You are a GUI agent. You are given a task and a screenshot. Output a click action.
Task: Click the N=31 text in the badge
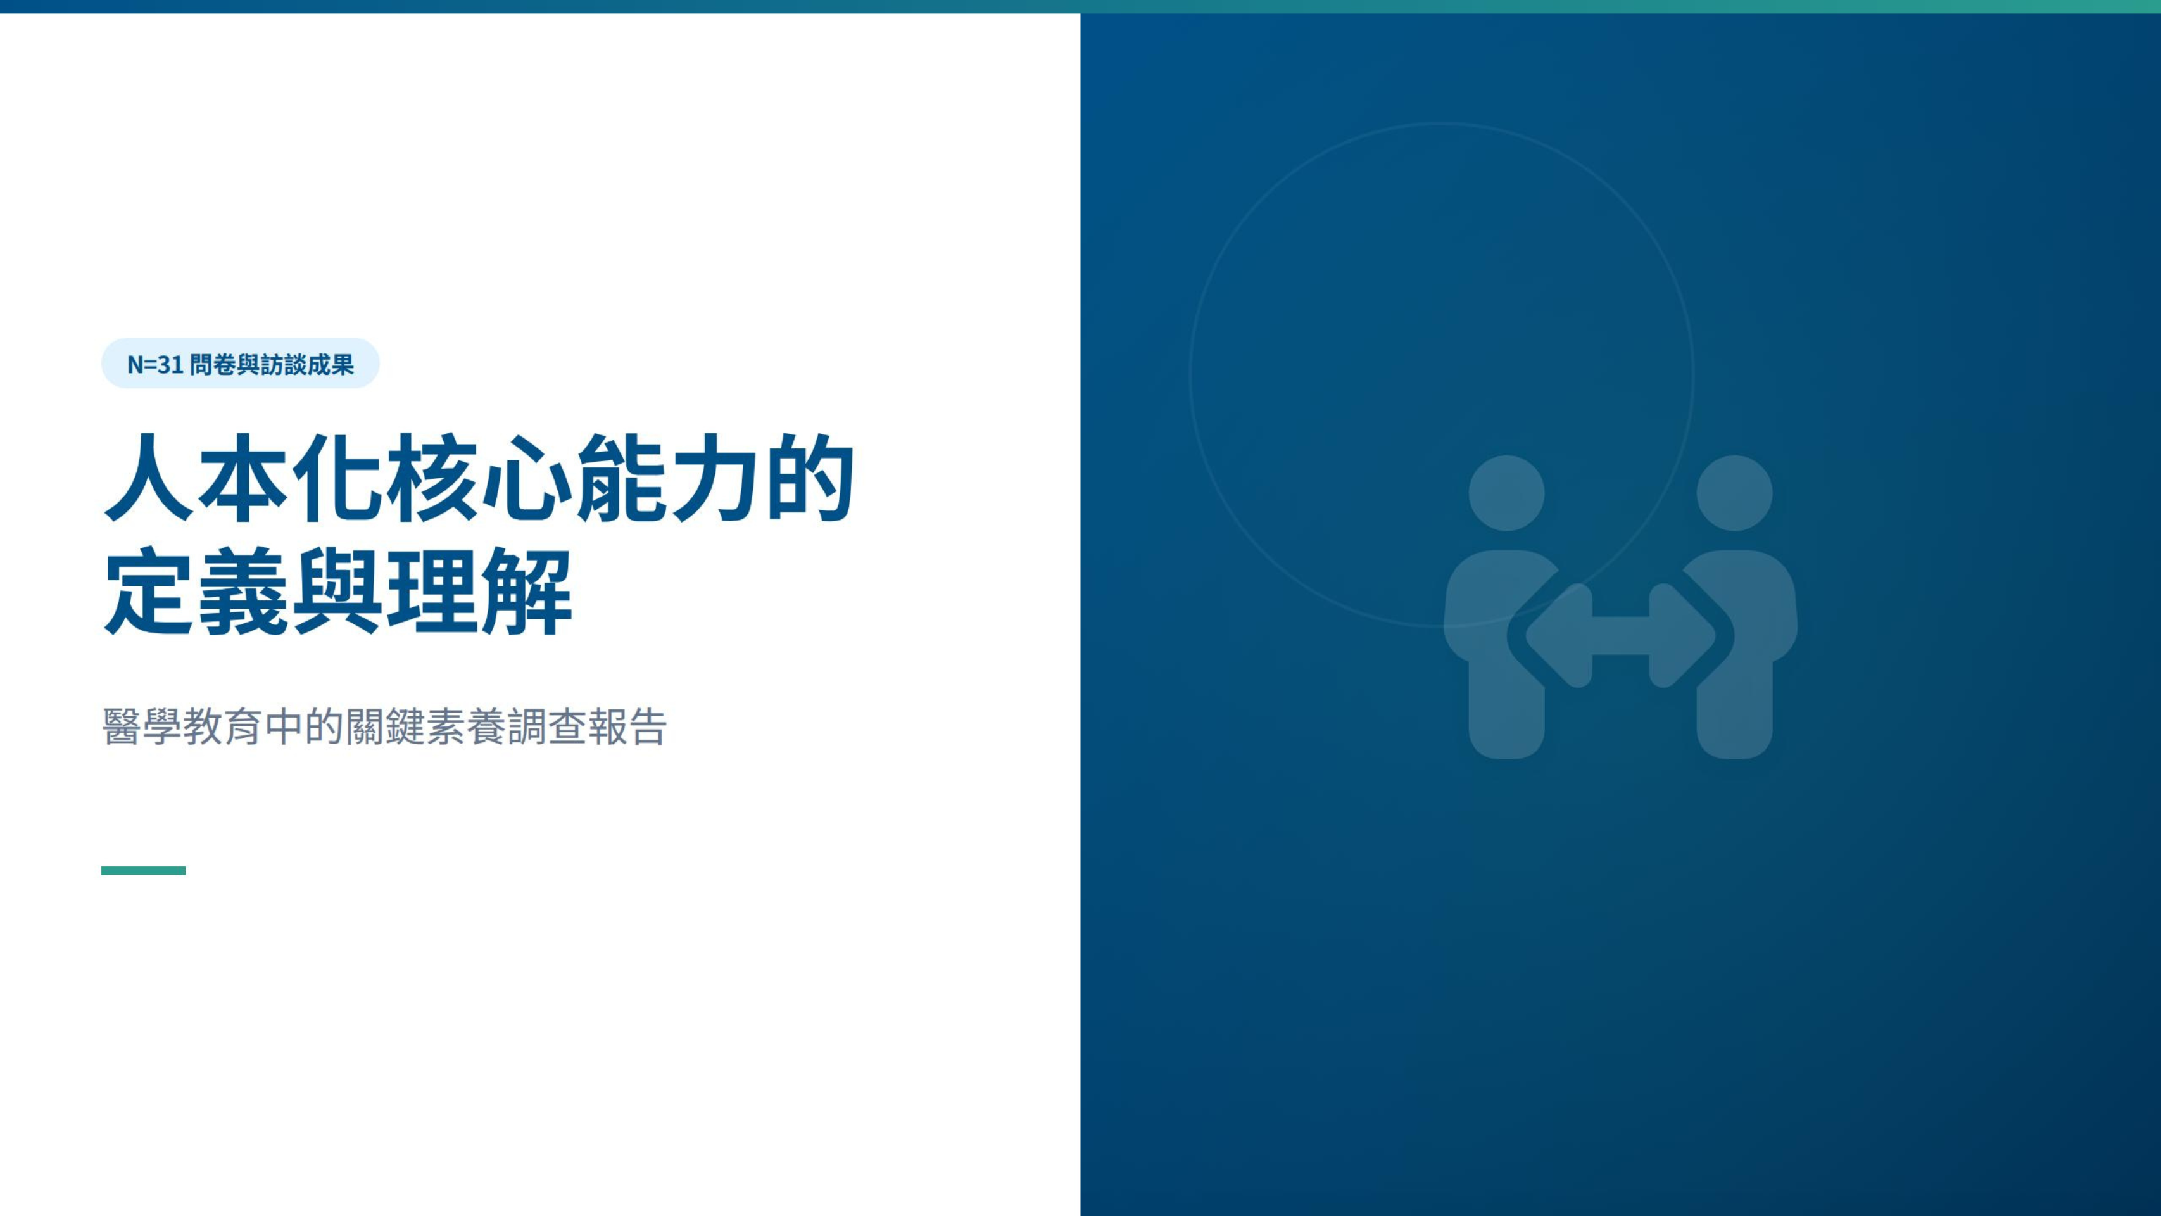(x=155, y=364)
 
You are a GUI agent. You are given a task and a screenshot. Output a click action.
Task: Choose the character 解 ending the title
(x=526, y=591)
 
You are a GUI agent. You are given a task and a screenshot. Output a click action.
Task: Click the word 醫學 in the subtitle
(x=142, y=726)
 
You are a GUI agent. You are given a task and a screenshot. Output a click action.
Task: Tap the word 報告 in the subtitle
(x=627, y=726)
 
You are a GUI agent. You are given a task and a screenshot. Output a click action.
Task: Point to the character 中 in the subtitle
(x=284, y=726)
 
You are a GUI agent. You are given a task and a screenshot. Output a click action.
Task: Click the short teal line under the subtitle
(x=144, y=870)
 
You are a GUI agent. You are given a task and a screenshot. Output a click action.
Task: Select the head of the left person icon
(x=1507, y=493)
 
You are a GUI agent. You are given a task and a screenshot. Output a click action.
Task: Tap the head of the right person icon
(x=1734, y=493)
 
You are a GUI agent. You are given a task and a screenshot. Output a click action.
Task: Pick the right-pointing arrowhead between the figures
(x=1681, y=635)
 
